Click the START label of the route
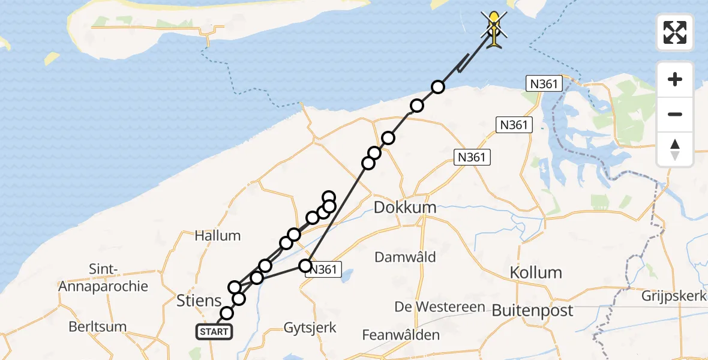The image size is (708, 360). pyautogui.click(x=214, y=332)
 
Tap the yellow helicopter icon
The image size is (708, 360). pyautogui.click(x=494, y=31)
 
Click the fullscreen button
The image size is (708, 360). pyautogui.click(x=675, y=32)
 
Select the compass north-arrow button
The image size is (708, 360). pyautogui.click(x=675, y=149)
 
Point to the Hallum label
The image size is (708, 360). pyautogui.click(x=217, y=236)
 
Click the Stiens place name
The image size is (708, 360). pyautogui.click(x=199, y=300)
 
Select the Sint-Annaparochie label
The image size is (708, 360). pyautogui.click(x=103, y=277)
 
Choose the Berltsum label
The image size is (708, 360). pyautogui.click(x=97, y=327)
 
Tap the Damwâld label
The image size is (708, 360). pyautogui.click(x=405, y=257)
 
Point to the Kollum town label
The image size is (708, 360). pyautogui.click(x=536, y=272)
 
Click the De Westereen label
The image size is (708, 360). pyautogui.click(x=440, y=307)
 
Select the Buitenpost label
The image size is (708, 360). pyautogui.click(x=532, y=311)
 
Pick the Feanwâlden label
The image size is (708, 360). pyautogui.click(x=400, y=335)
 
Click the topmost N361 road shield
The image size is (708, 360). pyautogui.click(x=544, y=84)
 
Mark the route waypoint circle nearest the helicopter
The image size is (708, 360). pyautogui.click(x=438, y=87)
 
